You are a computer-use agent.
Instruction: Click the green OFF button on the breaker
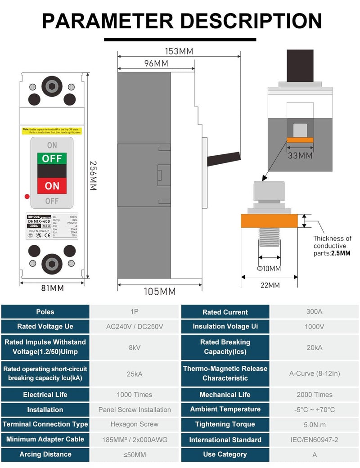52,158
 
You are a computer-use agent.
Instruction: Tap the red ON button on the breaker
52,185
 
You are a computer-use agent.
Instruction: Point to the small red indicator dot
27,196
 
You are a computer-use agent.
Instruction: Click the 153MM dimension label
179,51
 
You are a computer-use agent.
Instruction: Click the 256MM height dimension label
93,175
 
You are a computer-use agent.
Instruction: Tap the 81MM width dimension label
53,288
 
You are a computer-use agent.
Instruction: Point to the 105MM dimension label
159,292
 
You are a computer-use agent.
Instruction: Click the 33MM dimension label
300,156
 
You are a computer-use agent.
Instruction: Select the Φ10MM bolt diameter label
269,269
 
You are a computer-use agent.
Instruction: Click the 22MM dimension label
269,285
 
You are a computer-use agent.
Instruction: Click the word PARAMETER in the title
107,21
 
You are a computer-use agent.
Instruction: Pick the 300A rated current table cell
315,312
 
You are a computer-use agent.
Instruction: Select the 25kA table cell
135,373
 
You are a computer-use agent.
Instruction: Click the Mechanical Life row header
225,395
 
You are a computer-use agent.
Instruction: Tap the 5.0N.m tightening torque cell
315,424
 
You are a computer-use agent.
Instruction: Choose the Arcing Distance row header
45,454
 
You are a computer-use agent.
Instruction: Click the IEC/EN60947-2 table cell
315,440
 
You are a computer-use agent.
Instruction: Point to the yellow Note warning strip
52,130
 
